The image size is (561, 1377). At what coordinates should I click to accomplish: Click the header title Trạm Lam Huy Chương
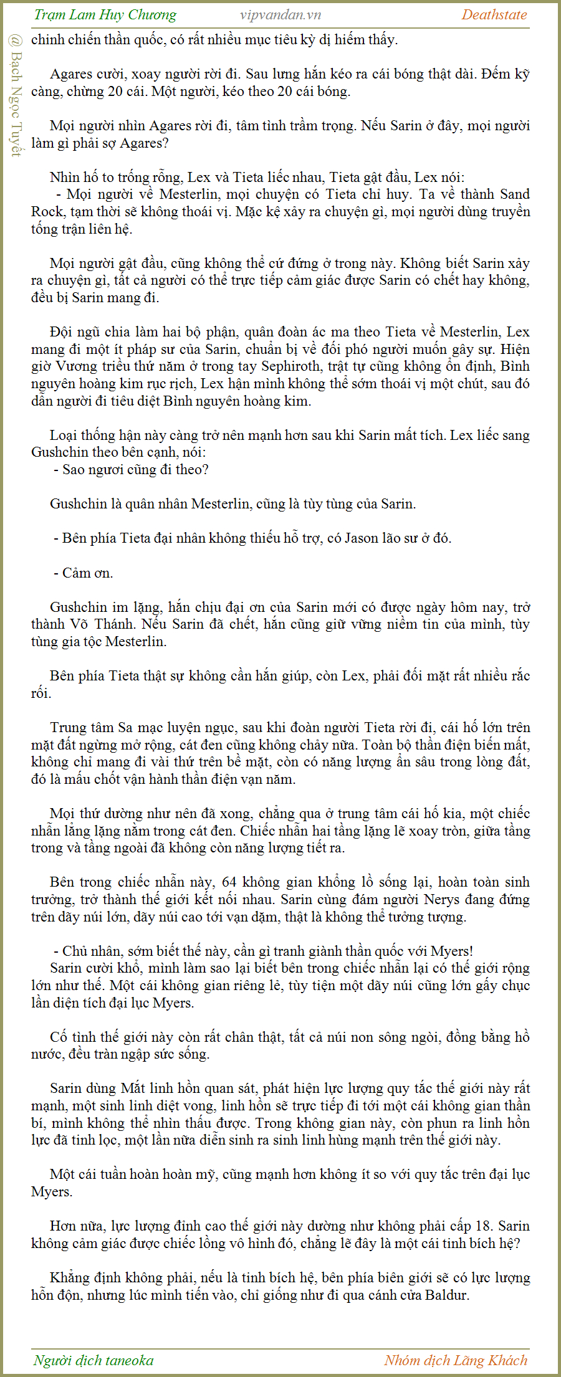[x=105, y=15]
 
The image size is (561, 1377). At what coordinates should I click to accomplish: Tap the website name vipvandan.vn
[x=280, y=15]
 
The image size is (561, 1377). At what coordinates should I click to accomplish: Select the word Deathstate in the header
[x=494, y=15]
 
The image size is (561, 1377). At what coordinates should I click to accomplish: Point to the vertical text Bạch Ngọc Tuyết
[x=16, y=97]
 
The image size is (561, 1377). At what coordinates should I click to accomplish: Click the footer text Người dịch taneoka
[x=93, y=1360]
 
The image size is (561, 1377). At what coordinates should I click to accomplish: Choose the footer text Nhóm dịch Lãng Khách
[x=456, y=1360]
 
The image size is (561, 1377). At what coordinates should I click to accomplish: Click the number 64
[x=229, y=882]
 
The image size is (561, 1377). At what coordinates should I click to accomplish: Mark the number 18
[x=484, y=1226]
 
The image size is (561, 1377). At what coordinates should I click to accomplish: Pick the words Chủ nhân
[x=91, y=951]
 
